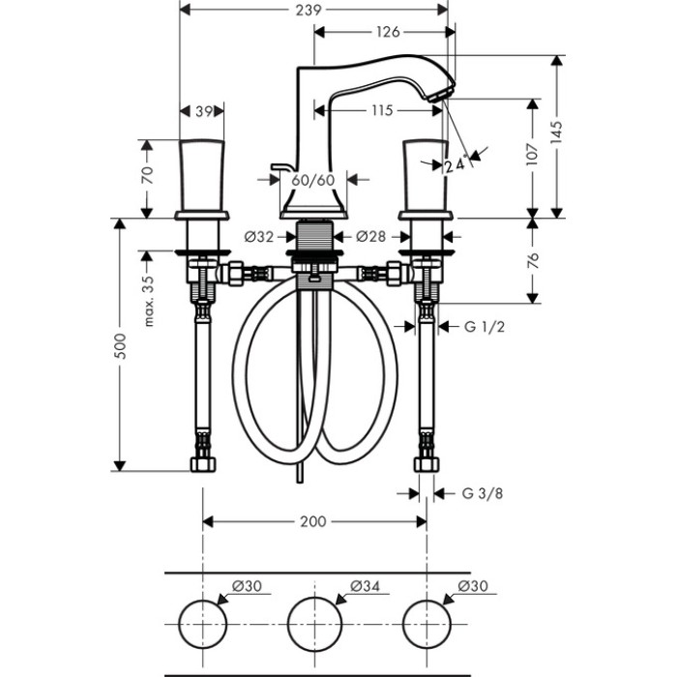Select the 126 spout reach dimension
pyautogui.click(x=387, y=31)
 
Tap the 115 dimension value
pyautogui.click(x=380, y=110)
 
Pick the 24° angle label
pyautogui.click(x=456, y=164)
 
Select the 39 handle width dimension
pyautogui.click(x=203, y=111)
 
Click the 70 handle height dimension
pyautogui.click(x=148, y=176)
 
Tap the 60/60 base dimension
pyautogui.click(x=312, y=179)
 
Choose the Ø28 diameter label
pyautogui.click(x=370, y=236)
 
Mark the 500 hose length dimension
pyautogui.click(x=121, y=345)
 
